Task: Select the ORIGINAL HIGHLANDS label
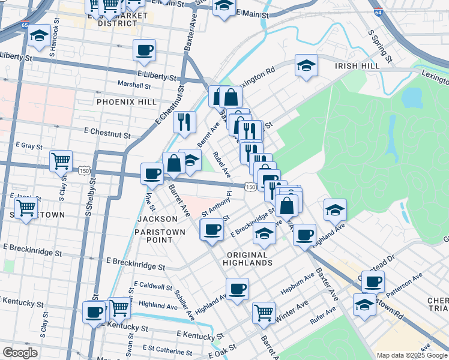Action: [249, 259]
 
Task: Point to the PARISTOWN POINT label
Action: [154, 235]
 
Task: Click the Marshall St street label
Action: [134, 85]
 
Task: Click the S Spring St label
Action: [380, 47]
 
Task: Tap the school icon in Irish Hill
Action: [306, 65]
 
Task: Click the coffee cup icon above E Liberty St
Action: [144, 50]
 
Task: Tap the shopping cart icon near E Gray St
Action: [61, 160]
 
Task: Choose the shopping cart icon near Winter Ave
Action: [264, 312]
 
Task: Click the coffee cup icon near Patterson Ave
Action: [373, 281]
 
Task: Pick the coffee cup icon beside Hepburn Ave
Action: [237, 289]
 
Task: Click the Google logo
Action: [20, 352]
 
